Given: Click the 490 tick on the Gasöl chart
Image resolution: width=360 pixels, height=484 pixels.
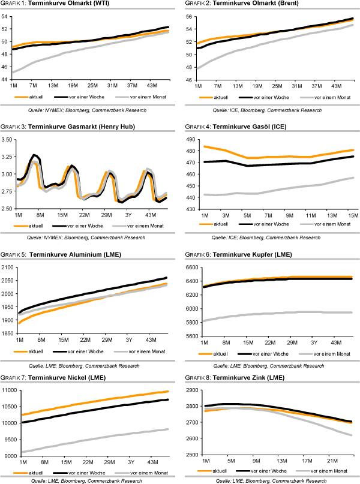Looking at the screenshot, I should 193,140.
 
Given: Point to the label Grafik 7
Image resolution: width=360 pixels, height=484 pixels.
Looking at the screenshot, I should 13,377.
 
